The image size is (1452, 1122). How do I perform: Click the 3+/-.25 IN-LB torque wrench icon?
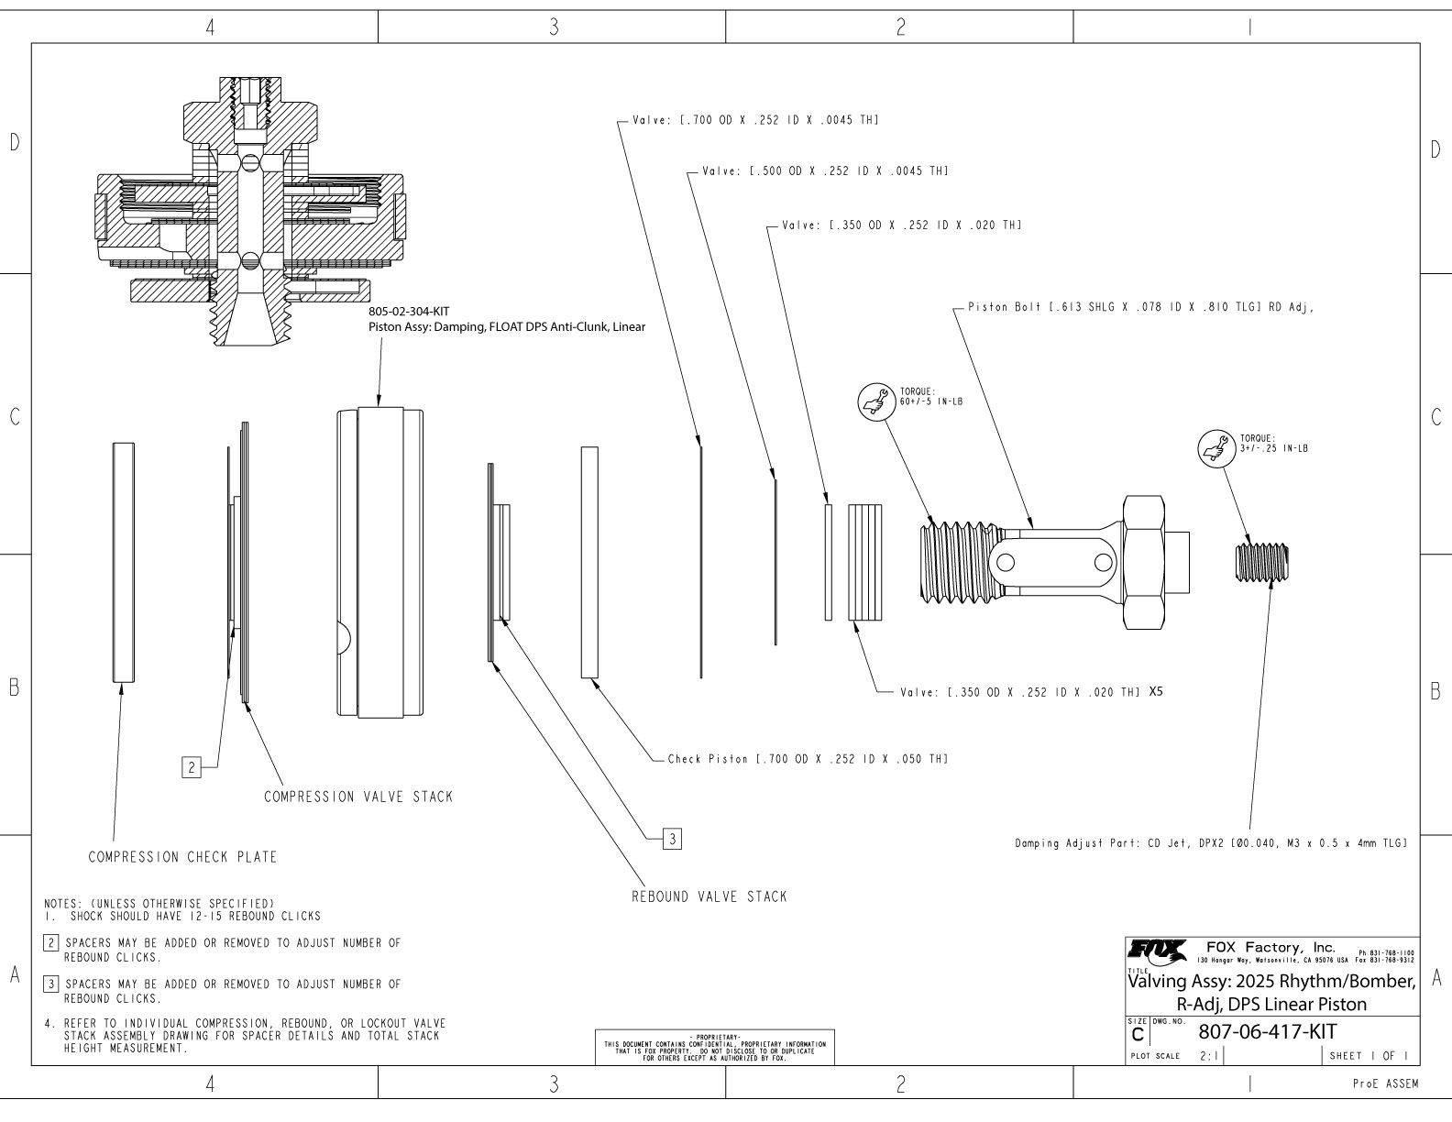coord(1214,448)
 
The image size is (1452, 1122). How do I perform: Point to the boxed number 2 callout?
coord(191,767)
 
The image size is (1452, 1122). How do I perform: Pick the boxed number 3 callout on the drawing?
coord(672,838)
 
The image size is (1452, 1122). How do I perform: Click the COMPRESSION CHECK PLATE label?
coord(182,857)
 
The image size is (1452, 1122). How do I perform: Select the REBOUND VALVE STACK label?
coord(709,896)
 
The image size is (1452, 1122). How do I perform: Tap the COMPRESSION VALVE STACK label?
coord(358,797)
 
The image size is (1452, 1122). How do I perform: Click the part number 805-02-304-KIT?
coord(409,312)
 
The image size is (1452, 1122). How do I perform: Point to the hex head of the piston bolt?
coord(1143,562)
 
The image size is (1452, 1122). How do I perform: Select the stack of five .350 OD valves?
coord(865,562)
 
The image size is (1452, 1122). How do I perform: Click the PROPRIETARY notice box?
coord(715,1046)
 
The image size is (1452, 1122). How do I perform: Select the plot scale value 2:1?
coord(1209,1056)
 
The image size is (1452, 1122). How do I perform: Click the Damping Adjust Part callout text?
coord(1210,842)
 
